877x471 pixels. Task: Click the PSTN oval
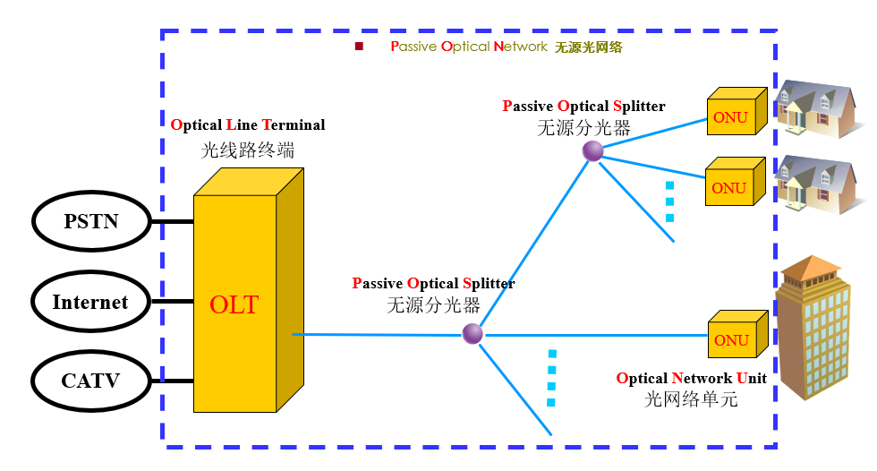point(90,221)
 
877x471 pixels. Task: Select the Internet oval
point(90,303)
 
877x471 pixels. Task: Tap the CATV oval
point(90,381)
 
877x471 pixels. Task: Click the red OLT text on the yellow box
point(234,304)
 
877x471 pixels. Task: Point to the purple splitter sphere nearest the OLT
point(473,334)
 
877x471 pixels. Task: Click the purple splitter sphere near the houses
point(592,151)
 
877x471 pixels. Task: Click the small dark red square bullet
point(359,47)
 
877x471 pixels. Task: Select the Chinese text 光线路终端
point(248,150)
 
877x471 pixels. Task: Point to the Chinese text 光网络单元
point(691,400)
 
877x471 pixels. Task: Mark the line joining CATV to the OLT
point(172,381)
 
